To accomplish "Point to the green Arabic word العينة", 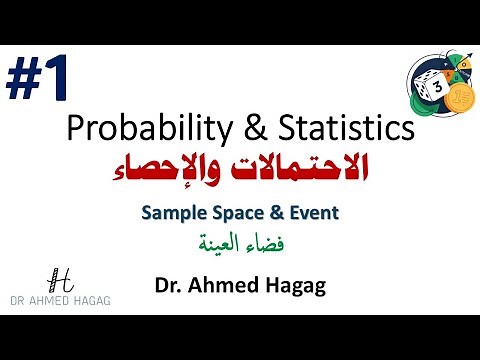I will (x=219, y=243).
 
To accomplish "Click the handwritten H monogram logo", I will (x=60, y=281).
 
